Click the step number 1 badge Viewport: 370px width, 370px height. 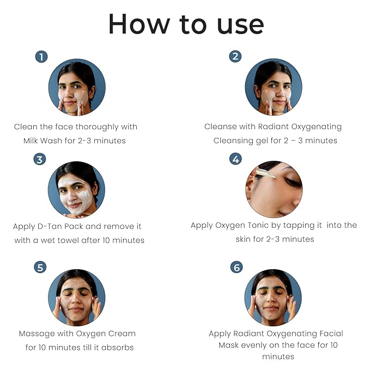(x=41, y=57)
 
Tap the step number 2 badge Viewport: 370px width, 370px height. (x=235, y=56)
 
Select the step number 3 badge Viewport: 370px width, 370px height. (x=40, y=159)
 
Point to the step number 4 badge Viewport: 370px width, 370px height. (x=235, y=159)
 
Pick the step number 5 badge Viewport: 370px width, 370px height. (x=40, y=268)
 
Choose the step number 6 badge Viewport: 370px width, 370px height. (x=236, y=268)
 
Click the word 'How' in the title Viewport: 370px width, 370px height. (x=139, y=24)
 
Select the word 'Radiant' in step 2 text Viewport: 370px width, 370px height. (x=273, y=126)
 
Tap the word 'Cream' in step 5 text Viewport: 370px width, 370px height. (x=122, y=333)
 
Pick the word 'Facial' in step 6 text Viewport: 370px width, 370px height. (x=331, y=333)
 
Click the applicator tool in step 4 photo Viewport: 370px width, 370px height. (x=266, y=173)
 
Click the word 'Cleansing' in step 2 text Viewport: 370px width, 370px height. (x=233, y=141)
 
